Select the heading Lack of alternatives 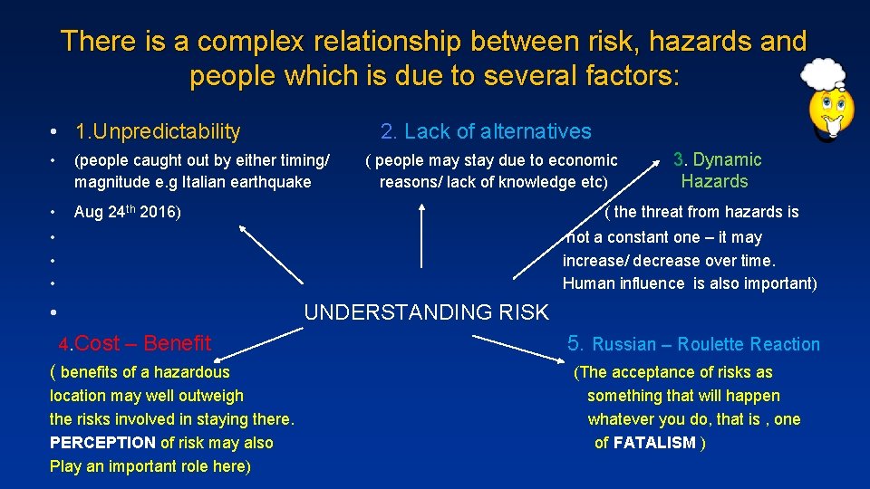[x=486, y=132]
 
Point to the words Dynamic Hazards [x=717, y=170]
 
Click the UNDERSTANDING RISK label [x=426, y=313]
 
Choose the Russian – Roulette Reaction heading [x=693, y=344]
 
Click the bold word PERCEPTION [x=102, y=443]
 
